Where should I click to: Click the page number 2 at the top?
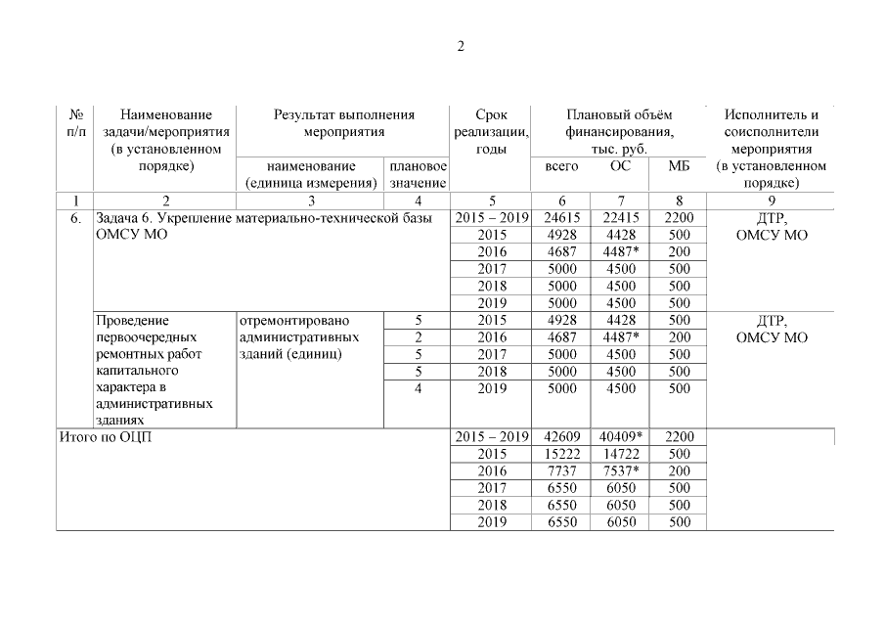tap(461, 47)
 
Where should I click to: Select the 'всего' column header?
tap(561, 166)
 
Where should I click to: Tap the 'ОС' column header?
tap(621, 166)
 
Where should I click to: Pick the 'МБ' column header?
tap(679, 166)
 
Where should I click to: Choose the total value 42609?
tap(561, 437)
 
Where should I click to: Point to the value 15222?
tap(561, 454)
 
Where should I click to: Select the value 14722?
tap(621, 454)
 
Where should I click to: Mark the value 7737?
tap(561, 471)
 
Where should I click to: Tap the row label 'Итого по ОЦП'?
tap(106, 437)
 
